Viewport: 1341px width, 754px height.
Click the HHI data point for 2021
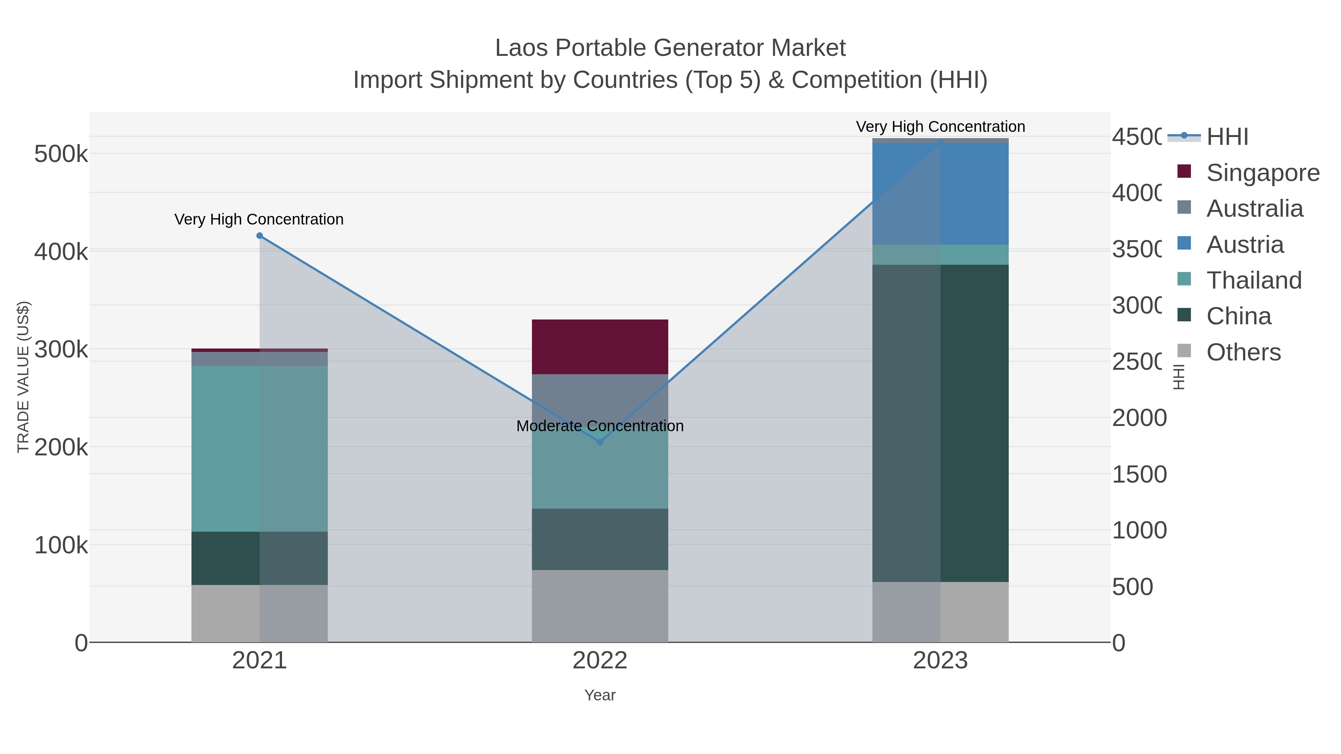click(x=260, y=236)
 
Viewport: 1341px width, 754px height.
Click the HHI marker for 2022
click(x=600, y=442)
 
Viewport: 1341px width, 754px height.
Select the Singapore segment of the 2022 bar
click(x=600, y=347)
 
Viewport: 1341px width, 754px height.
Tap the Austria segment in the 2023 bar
click(x=940, y=194)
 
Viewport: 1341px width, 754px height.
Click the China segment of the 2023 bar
click(x=940, y=423)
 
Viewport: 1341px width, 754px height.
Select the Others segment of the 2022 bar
click(x=600, y=606)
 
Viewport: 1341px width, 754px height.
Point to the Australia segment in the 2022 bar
click(x=600, y=398)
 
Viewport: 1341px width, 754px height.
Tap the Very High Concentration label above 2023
click(x=940, y=127)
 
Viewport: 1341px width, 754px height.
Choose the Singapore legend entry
click(x=1262, y=173)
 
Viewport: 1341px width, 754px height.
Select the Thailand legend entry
click(x=1253, y=280)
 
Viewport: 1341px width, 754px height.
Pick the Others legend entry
click(x=1243, y=352)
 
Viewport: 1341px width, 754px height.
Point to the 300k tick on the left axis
click(x=61, y=350)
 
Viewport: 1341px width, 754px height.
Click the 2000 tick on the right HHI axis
click(x=1139, y=418)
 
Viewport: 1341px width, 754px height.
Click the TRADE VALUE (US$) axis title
click(x=23, y=377)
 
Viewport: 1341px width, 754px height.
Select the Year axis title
click(x=600, y=695)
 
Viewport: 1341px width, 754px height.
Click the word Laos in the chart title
click(x=521, y=48)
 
